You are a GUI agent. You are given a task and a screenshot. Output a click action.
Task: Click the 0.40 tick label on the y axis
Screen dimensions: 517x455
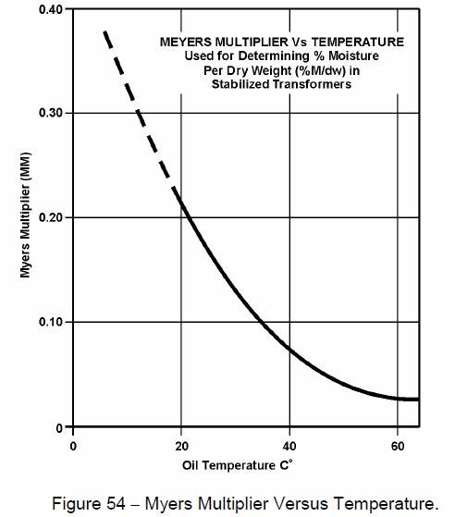(x=51, y=9)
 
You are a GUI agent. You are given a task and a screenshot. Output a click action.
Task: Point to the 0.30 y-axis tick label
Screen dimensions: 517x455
(x=51, y=113)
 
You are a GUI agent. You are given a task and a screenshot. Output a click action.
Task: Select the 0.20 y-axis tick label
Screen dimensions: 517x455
(x=51, y=217)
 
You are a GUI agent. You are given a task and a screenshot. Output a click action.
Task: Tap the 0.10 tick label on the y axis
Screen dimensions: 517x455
(x=51, y=322)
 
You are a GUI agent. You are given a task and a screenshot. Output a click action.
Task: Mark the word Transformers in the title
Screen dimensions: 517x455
(x=303, y=83)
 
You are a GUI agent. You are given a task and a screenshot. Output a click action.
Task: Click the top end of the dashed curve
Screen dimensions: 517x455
(x=105, y=31)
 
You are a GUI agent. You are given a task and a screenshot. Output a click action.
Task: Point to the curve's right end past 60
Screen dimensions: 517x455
(x=418, y=400)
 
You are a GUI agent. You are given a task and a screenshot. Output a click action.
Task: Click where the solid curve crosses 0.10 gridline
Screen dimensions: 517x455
(x=263, y=322)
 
